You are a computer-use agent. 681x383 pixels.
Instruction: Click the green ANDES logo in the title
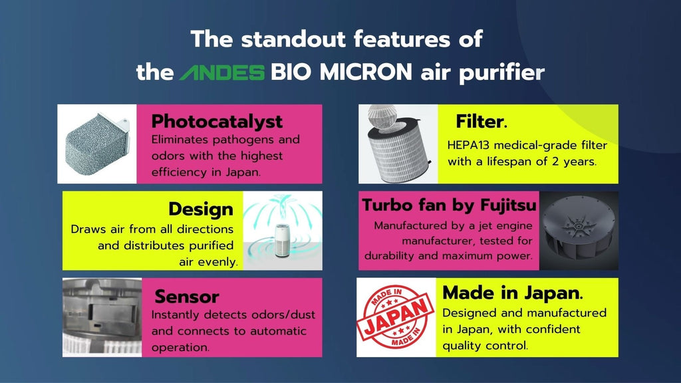tap(222, 72)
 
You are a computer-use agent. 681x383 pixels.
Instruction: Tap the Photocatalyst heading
tap(217, 121)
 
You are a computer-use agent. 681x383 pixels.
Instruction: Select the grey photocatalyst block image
tap(97, 144)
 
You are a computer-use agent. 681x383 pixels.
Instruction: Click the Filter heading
tap(481, 121)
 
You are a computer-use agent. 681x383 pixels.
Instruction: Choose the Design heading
tap(201, 209)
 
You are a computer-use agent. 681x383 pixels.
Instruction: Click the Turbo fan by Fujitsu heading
tap(450, 205)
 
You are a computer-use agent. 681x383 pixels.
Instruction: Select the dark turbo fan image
tap(579, 231)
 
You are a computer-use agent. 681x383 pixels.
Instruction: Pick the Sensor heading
tap(187, 297)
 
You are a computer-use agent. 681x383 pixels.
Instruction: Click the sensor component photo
tap(102, 317)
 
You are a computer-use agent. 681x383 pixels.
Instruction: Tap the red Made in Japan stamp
tap(395, 317)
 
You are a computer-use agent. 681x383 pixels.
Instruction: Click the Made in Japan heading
tap(513, 293)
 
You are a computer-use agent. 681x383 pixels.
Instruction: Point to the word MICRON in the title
tap(366, 72)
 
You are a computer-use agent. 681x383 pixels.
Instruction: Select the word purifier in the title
tap(501, 73)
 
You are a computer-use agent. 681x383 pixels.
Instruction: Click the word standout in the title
tap(293, 39)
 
